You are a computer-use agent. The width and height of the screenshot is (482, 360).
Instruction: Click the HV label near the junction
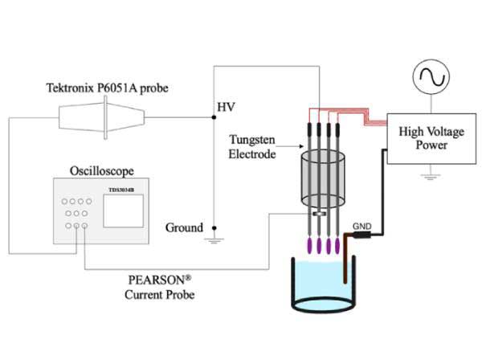[224, 106]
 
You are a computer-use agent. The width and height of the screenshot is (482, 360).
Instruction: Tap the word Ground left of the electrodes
[184, 227]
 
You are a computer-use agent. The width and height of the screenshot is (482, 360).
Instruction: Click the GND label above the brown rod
[363, 227]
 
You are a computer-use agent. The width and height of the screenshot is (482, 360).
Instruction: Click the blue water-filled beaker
[321, 285]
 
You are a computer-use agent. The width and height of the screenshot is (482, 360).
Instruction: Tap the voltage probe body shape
[102, 118]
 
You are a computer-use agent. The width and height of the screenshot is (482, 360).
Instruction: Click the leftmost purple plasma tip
[308, 244]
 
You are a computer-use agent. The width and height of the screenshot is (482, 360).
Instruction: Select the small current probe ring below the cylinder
[320, 214]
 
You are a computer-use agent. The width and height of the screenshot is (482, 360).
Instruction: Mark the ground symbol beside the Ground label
[213, 239]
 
